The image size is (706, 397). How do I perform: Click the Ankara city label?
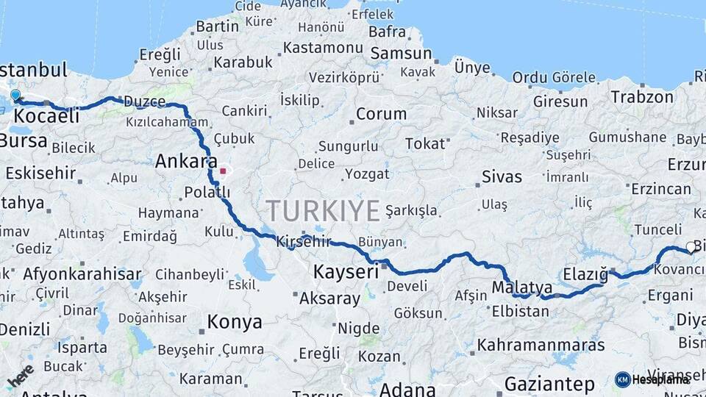pyautogui.click(x=186, y=161)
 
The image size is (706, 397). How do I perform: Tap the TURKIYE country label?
pyautogui.click(x=323, y=211)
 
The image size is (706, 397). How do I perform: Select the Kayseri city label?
pyautogui.click(x=346, y=271)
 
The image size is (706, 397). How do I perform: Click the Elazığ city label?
pyautogui.click(x=585, y=275)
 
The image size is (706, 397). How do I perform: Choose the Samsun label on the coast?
pyautogui.click(x=401, y=53)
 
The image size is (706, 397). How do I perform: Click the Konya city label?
pyautogui.click(x=234, y=322)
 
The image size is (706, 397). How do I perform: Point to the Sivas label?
pyautogui.click(x=502, y=176)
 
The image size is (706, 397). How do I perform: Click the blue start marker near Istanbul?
pyautogui.click(x=15, y=95)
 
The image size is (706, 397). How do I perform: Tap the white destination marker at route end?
pyautogui.click(x=690, y=247)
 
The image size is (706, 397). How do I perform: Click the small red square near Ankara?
pyautogui.click(x=222, y=171)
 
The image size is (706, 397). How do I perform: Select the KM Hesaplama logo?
pyautogui.click(x=652, y=379)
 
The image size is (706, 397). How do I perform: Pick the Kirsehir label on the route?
pyautogui.click(x=303, y=242)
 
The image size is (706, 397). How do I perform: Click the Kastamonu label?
pyautogui.click(x=324, y=48)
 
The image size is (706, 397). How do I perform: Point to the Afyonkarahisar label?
pyautogui.click(x=82, y=274)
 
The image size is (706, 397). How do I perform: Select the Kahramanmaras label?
pyautogui.click(x=541, y=345)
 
